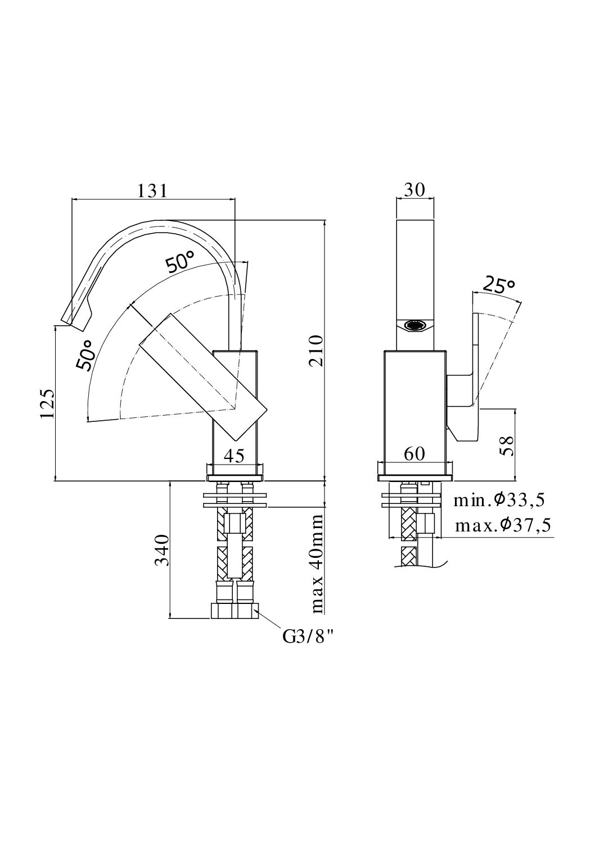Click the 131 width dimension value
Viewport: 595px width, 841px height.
[153, 191]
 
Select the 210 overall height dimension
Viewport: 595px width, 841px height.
[318, 351]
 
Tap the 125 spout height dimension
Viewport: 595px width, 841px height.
[48, 403]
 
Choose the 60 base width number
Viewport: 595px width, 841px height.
[414, 454]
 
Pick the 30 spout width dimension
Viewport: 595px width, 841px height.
[415, 190]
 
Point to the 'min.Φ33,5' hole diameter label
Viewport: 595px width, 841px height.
[499, 499]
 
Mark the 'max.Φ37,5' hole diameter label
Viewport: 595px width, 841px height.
[502, 525]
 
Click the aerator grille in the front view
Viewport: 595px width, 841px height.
[416, 325]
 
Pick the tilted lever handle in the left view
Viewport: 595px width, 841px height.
[200, 376]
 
